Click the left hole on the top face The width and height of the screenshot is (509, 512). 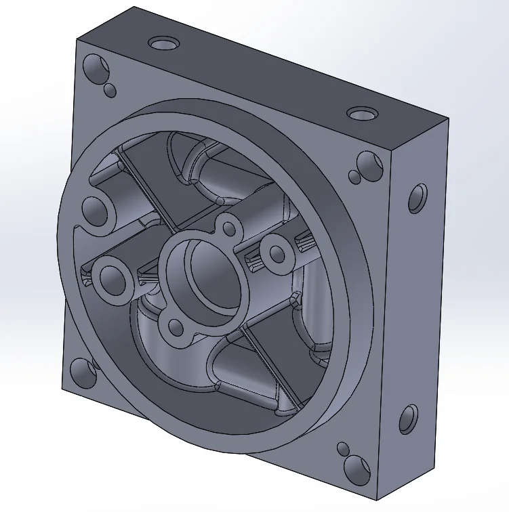pyautogui.click(x=163, y=45)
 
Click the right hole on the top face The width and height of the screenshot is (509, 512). pyautogui.click(x=361, y=112)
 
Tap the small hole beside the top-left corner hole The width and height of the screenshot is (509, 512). pyautogui.click(x=109, y=89)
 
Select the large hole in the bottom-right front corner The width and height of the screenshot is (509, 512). pyautogui.click(x=356, y=468)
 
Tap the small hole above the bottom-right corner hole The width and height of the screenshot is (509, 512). pyautogui.click(x=343, y=448)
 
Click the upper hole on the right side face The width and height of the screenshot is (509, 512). pyautogui.click(x=418, y=198)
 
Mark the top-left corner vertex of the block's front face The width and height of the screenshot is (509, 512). pyautogui.click(x=75, y=39)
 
